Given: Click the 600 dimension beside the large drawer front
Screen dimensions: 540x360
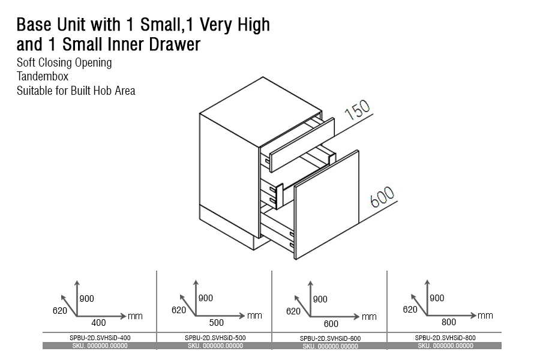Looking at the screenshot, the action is pyautogui.click(x=382, y=197).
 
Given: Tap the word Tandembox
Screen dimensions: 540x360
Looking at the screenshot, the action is pyautogui.click(x=43, y=76).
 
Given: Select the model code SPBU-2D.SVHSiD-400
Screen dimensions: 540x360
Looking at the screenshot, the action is pyautogui.click(x=100, y=338).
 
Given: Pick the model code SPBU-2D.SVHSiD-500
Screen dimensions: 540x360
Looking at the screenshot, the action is pyautogui.click(x=215, y=338).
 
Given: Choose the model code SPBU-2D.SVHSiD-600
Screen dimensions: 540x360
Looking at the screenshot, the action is pyautogui.click(x=330, y=338).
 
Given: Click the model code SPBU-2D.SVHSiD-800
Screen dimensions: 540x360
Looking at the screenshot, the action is pyautogui.click(x=445, y=338).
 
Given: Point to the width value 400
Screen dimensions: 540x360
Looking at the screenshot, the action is pyautogui.click(x=98, y=323).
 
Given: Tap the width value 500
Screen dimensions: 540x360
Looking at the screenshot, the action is pyautogui.click(x=216, y=323).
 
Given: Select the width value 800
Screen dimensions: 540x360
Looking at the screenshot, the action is pyautogui.click(x=449, y=322).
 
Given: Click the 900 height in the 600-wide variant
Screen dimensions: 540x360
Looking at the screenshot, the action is pyautogui.click(x=320, y=299).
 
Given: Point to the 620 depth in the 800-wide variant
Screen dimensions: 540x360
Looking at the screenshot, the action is pyautogui.click(x=410, y=310).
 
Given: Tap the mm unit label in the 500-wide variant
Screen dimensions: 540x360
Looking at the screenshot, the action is pyautogui.click(x=254, y=316).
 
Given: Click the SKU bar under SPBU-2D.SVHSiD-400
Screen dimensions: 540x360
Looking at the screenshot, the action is pyautogui.click(x=100, y=346).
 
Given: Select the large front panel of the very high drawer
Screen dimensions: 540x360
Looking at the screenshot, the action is pyautogui.click(x=326, y=205).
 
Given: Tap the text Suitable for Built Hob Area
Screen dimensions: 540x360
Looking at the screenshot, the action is pyautogui.click(x=76, y=91).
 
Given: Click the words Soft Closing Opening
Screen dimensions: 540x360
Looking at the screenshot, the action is pyautogui.click(x=64, y=63).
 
